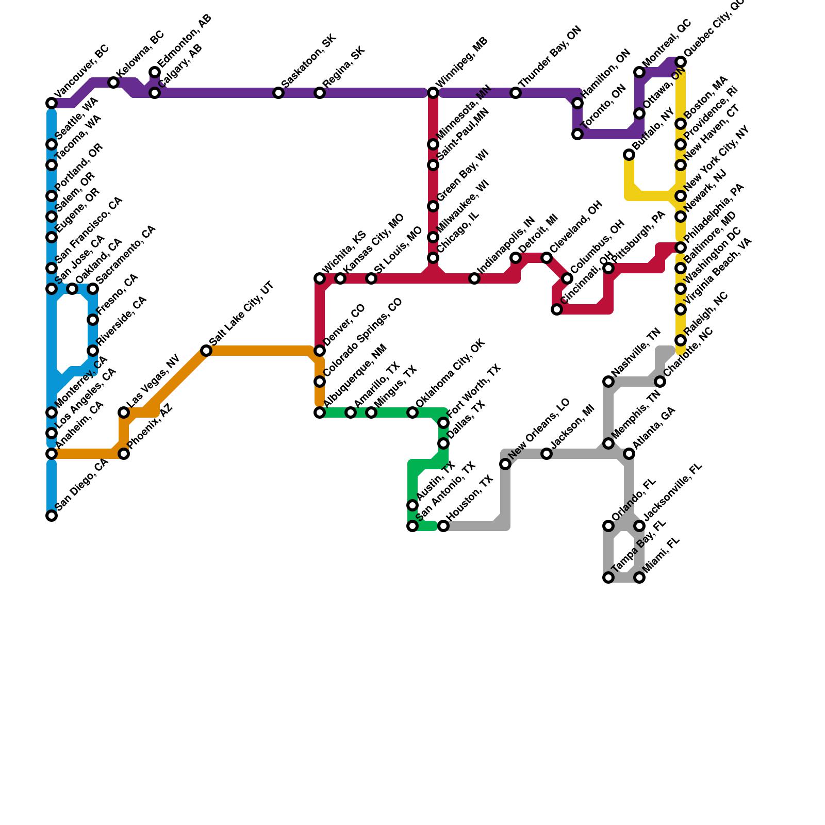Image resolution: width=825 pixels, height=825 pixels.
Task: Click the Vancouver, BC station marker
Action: click(x=52, y=103)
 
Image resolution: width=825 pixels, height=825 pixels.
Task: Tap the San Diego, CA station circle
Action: click(x=52, y=516)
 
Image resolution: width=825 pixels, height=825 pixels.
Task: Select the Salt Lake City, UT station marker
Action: click(x=206, y=351)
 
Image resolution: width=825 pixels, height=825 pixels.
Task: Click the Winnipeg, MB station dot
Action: click(x=433, y=93)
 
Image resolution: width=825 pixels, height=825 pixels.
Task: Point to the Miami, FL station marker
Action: click(x=639, y=577)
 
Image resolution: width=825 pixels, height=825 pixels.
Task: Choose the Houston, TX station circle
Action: click(x=443, y=526)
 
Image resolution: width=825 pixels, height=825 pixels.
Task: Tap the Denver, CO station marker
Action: click(x=320, y=351)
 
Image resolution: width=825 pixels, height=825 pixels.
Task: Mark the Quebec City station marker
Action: click(x=681, y=62)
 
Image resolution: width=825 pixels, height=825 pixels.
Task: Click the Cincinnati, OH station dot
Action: click(x=557, y=309)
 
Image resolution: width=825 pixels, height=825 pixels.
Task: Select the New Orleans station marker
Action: click(x=505, y=464)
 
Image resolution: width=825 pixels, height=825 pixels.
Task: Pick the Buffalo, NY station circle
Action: click(x=629, y=155)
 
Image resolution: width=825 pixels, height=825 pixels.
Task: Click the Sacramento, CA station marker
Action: click(x=93, y=289)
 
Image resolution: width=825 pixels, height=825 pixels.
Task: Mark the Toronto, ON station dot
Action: click(x=577, y=134)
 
